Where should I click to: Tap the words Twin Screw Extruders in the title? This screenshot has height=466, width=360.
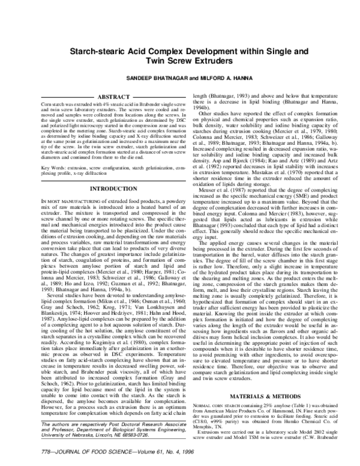point(180,62)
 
